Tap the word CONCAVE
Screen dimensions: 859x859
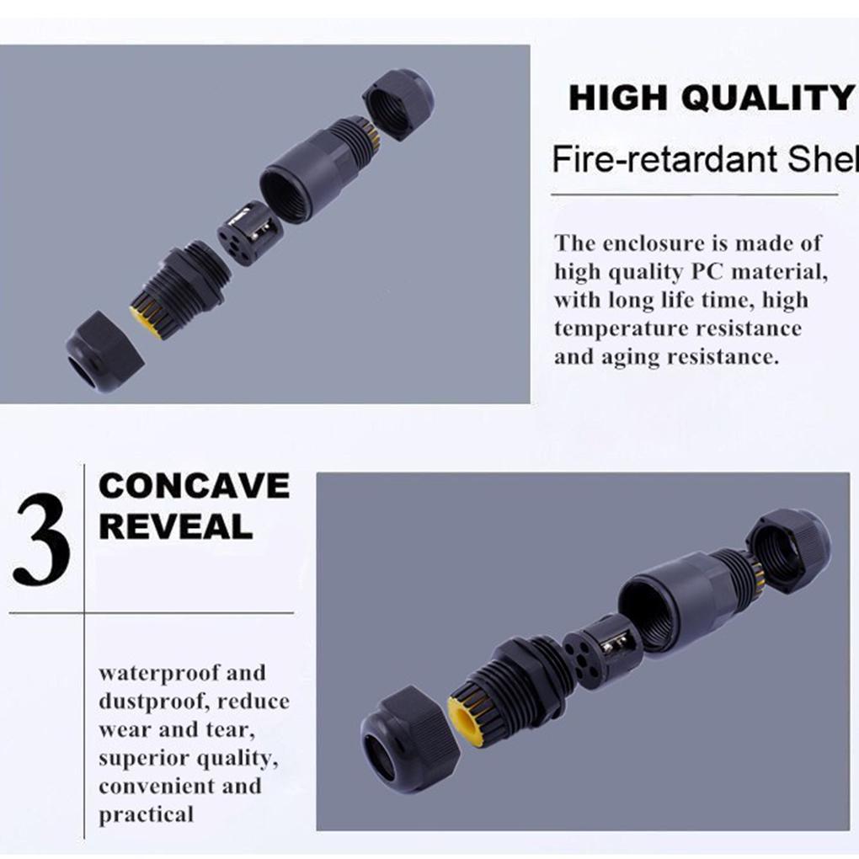(194, 487)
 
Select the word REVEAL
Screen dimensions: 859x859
(175, 527)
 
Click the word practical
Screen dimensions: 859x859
(146, 814)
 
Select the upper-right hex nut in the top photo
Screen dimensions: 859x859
(397, 103)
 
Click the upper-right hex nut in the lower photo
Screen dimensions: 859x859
(787, 551)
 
